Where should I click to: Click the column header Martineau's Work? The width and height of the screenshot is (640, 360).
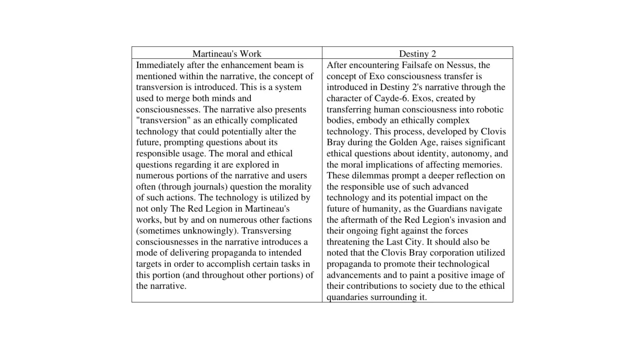click(227, 54)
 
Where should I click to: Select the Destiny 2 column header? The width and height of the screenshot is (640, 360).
click(417, 54)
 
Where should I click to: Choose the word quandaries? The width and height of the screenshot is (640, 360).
click(345, 297)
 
